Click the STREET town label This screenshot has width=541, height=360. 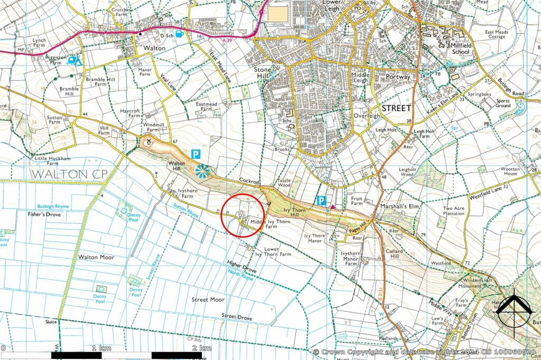pos(396,108)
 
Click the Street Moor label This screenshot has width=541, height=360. pos(208,299)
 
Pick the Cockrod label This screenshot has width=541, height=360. pos(248,181)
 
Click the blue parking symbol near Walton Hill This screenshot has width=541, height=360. pos(195,155)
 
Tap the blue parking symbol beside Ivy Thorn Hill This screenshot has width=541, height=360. pos(321,201)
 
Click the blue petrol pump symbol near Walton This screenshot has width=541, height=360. pos(180,34)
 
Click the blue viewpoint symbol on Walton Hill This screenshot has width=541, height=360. pos(202,170)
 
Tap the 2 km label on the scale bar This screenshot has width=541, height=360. pos(201,348)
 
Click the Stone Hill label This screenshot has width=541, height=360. pos(263,73)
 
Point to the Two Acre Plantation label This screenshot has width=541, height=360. pos(454,211)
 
